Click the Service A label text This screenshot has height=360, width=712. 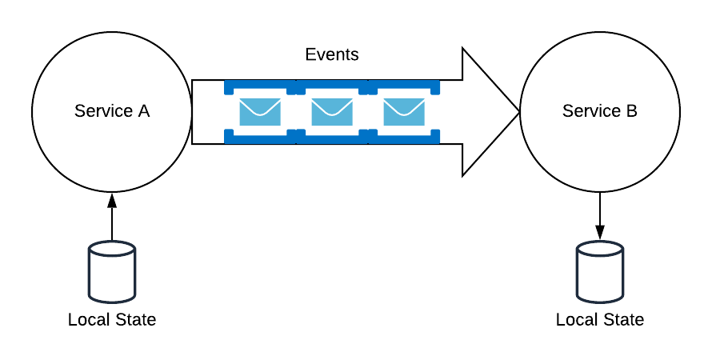[112, 111]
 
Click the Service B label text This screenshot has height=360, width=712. [600, 111]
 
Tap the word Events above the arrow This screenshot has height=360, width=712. [332, 55]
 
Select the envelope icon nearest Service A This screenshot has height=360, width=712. [260, 112]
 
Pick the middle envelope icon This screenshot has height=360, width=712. [332, 112]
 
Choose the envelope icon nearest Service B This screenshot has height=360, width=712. [404, 112]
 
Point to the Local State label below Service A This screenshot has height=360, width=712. [112, 320]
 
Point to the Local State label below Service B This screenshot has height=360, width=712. [600, 320]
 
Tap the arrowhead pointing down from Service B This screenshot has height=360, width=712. [600, 233]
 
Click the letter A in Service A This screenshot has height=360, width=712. [143, 111]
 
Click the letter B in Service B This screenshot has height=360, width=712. [631, 111]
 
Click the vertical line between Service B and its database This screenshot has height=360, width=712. [600, 210]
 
